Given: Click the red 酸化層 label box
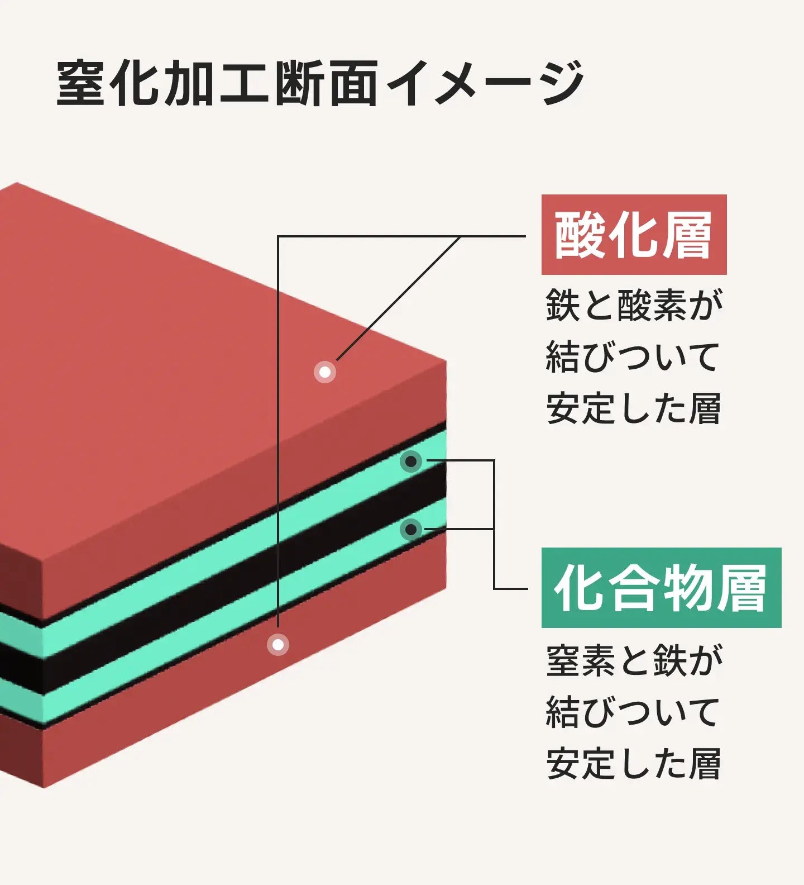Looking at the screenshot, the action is coord(634,235).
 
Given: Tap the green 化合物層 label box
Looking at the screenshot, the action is coord(661,588).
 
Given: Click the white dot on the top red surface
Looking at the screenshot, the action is coord(324,372).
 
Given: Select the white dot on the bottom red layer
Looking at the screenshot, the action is coord(278,645).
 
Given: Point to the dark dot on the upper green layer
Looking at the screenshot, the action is coord(411,461).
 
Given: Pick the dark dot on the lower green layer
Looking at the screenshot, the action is coord(411,529).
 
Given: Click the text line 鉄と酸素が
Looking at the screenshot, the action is coord(634,305).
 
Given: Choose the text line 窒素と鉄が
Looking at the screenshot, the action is coord(634,660).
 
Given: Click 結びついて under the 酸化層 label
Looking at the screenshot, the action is coord(633,356).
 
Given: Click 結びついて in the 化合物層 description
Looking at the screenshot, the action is coord(633,712).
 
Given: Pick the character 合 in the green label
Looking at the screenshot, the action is coord(633,588).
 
